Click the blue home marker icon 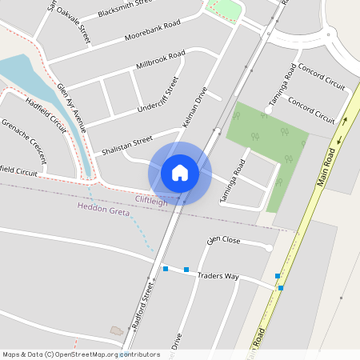coord(180,172)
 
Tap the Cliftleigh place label coord(151,201)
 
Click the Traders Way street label coord(220,276)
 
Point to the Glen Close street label coord(223,240)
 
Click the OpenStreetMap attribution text coord(80,354)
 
